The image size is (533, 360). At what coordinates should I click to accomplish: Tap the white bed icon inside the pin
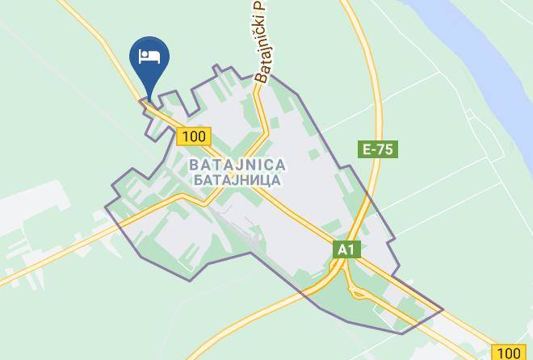pos(148,56)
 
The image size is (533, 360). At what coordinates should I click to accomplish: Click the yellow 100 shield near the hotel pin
pos(194,136)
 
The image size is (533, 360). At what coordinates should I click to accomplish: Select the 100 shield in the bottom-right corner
pos(509,352)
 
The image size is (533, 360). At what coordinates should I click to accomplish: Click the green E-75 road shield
pos(379,149)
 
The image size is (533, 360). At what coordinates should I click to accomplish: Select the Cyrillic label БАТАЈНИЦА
pos(236,180)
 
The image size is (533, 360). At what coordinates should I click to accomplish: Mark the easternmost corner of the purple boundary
pos(443,308)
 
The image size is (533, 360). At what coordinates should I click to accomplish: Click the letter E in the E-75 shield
pos(367,149)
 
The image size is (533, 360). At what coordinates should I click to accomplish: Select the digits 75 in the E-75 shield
pos(387,149)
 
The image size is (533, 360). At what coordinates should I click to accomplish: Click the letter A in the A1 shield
pos(342,249)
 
